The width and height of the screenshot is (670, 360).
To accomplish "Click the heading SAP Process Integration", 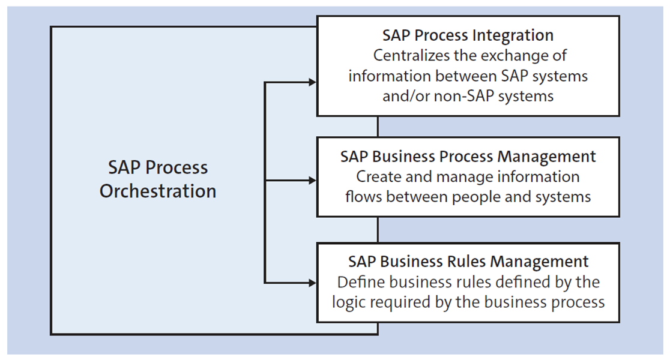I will [x=468, y=35].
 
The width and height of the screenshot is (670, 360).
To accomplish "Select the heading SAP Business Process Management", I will [x=468, y=157].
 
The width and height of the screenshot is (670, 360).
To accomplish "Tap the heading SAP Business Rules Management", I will [x=468, y=262].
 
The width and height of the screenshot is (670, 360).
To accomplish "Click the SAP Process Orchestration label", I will [x=158, y=179].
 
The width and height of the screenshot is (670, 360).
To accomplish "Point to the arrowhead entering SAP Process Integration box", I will [x=312, y=82].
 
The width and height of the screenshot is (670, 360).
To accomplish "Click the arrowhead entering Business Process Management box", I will [x=312, y=180].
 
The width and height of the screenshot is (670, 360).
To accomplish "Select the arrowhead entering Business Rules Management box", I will [x=312, y=281].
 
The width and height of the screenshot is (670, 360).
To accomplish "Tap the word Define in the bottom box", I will [x=358, y=282].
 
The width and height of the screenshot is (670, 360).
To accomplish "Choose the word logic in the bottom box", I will [x=349, y=302].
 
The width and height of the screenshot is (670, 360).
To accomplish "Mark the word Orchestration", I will [x=158, y=191].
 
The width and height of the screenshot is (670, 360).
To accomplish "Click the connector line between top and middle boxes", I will [x=378, y=127].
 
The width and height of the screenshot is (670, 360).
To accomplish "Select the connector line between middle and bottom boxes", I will [x=378, y=229].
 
